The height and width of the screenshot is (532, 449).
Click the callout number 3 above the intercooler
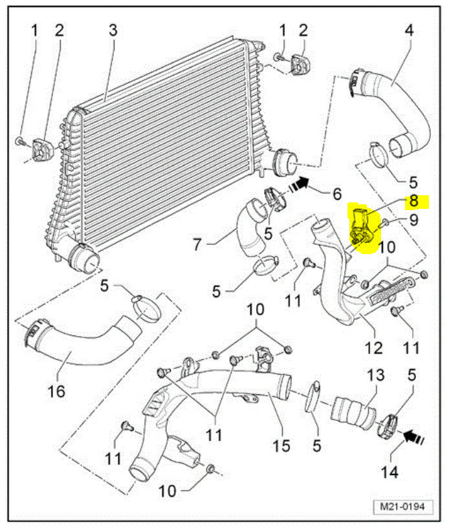(x=113, y=30)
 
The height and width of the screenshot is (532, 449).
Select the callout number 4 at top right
(x=409, y=30)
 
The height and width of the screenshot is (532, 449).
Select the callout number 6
(x=336, y=193)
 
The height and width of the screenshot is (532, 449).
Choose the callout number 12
(x=372, y=349)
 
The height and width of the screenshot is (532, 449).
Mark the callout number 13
(x=376, y=376)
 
